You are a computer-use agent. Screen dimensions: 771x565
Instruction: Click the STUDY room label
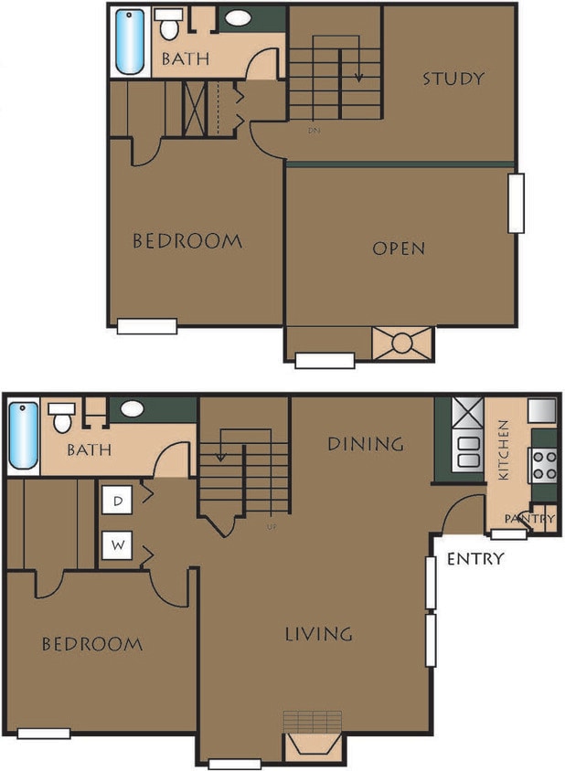(453, 79)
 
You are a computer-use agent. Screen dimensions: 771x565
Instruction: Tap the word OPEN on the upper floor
(399, 248)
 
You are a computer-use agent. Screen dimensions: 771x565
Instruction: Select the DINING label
(366, 445)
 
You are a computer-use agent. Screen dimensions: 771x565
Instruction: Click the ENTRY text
(474, 559)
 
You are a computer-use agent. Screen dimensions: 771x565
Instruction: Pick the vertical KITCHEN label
(503, 450)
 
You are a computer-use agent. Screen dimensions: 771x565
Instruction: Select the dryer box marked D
(119, 500)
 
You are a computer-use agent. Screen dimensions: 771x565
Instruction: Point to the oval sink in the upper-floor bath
(240, 18)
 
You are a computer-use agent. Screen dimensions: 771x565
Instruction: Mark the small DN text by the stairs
(314, 131)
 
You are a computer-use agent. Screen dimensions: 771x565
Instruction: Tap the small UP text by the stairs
(271, 528)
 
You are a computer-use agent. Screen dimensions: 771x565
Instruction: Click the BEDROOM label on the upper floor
(187, 242)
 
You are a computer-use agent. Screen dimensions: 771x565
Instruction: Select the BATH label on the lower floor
(89, 450)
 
